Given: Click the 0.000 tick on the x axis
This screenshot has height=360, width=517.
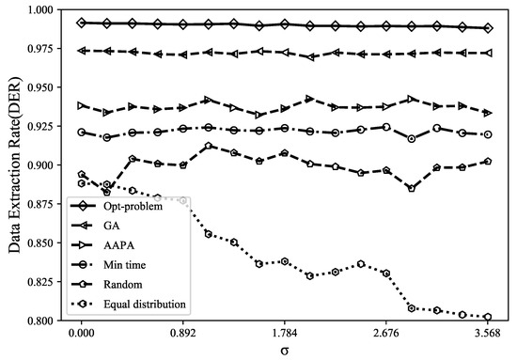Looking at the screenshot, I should coord(82,333).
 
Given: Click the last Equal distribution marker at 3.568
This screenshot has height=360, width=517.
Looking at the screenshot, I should coord(487,317).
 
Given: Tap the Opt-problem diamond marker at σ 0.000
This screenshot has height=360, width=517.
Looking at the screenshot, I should coord(82,22).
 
